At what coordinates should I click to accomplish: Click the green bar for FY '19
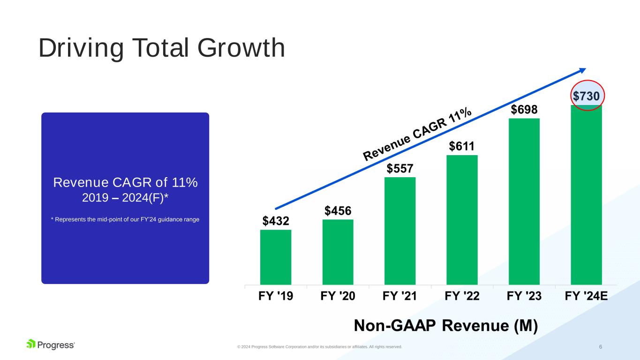276,256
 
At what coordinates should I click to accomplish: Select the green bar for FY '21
400,230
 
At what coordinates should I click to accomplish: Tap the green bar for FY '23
524,201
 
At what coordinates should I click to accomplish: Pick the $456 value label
338,211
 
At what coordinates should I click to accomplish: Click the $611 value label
462,146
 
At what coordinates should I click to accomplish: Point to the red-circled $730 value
586,96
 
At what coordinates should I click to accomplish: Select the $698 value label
524,110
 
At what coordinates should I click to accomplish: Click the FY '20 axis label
338,296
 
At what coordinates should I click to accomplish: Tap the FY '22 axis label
462,296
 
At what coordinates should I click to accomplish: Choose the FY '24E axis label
586,296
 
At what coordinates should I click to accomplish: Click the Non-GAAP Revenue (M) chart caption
445,325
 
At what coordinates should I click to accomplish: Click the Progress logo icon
31,345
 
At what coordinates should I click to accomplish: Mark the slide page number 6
601,346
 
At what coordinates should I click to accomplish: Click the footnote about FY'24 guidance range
125,220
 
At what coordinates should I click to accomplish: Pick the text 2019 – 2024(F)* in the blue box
125,198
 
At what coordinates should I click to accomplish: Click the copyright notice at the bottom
319,347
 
